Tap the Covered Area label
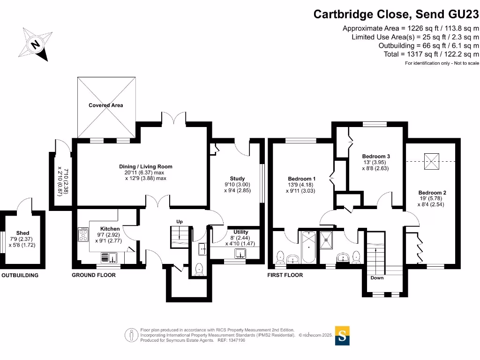[x=106, y=105]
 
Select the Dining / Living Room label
[x=145, y=166]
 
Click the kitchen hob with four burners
[x=83, y=234]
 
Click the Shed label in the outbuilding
[x=22, y=233]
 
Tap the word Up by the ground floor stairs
[x=179, y=221]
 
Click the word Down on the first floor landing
[x=377, y=278]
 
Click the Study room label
[x=237, y=179]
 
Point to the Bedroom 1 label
[x=301, y=179]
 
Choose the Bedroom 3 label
[x=376, y=156]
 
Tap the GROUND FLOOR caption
[x=94, y=275]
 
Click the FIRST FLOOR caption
[x=285, y=275]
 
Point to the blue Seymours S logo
[x=342, y=336]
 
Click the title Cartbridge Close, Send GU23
[x=396, y=14]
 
